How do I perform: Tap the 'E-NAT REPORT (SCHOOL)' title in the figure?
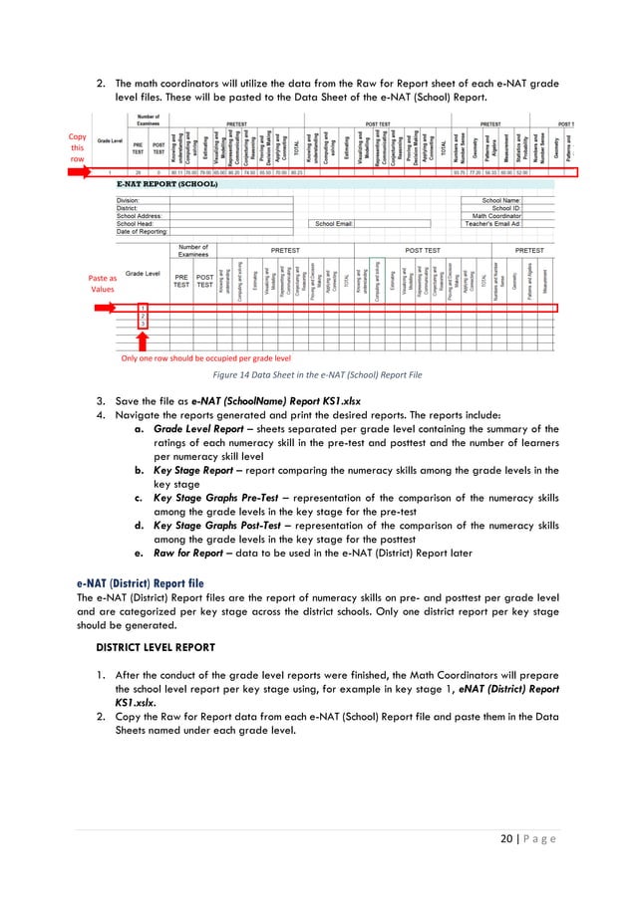pyautogui.click(x=167, y=184)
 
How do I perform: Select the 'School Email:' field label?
pyautogui.click(x=334, y=223)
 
